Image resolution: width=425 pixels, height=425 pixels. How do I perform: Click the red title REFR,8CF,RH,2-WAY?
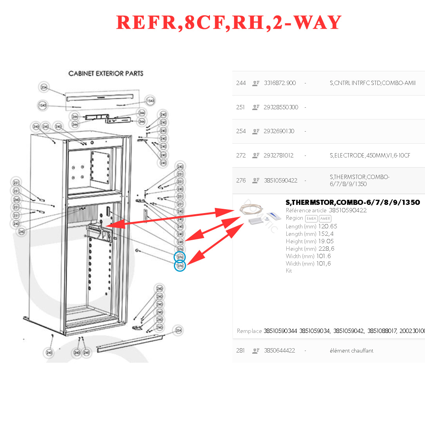[x=229, y=23]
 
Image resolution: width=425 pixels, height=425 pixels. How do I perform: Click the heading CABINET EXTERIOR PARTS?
[x=106, y=74]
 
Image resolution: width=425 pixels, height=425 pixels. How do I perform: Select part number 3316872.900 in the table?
[x=280, y=83]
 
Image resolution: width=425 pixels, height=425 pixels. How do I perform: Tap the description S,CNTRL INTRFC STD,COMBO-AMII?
[x=373, y=83]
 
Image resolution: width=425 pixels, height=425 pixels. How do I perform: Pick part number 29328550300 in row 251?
[x=281, y=107]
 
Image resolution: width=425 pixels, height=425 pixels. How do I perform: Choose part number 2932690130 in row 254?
[x=279, y=131]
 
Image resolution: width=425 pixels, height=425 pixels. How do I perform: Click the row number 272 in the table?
[x=241, y=156]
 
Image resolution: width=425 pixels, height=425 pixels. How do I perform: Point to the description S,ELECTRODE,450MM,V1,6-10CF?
[x=370, y=156]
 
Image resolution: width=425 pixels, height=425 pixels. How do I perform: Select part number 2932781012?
[x=279, y=156]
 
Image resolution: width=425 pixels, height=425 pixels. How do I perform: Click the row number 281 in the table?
[x=241, y=351]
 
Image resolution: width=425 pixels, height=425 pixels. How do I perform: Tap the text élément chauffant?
[x=351, y=351]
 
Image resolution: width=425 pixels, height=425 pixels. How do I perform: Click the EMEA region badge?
[x=311, y=219]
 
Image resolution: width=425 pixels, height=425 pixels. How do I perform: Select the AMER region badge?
[x=325, y=219]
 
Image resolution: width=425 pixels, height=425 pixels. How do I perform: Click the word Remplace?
[x=249, y=331]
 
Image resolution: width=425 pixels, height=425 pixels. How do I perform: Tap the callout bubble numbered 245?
[x=180, y=242]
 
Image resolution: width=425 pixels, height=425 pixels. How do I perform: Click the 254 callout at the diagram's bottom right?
[x=178, y=330]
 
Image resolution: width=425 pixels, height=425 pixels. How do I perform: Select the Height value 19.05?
[x=326, y=241]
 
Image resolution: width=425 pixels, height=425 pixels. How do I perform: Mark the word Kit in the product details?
[x=289, y=271]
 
